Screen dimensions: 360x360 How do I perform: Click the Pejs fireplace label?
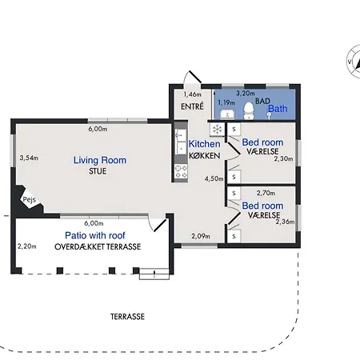pos(29,200)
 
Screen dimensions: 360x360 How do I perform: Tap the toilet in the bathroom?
pos(249,110)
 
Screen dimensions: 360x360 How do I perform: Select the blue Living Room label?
pos(100,160)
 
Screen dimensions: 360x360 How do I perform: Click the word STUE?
pos(98,171)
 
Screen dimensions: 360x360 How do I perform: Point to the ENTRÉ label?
pos(192,106)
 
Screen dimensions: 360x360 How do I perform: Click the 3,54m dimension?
pos(29,158)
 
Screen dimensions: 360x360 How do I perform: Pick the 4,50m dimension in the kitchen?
pos(214,178)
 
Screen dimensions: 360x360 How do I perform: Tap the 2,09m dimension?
pos(201,236)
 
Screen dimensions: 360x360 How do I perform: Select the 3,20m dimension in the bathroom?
pos(246,94)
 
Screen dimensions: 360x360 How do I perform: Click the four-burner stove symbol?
pos(181,171)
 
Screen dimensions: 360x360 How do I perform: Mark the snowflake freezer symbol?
pos(218,130)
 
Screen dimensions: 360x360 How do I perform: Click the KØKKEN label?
pos(205,156)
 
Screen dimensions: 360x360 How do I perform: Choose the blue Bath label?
pos(278,109)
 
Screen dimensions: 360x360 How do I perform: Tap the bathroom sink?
pos(227,114)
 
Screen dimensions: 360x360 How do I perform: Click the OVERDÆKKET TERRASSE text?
pos(98,246)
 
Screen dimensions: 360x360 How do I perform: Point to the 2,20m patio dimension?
pos(27,246)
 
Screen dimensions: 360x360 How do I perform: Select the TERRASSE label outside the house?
pos(127,317)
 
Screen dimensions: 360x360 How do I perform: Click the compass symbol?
pos(354,62)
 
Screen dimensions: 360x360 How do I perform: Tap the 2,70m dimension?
pos(266,193)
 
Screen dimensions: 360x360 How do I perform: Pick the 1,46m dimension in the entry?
pos(192,94)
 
